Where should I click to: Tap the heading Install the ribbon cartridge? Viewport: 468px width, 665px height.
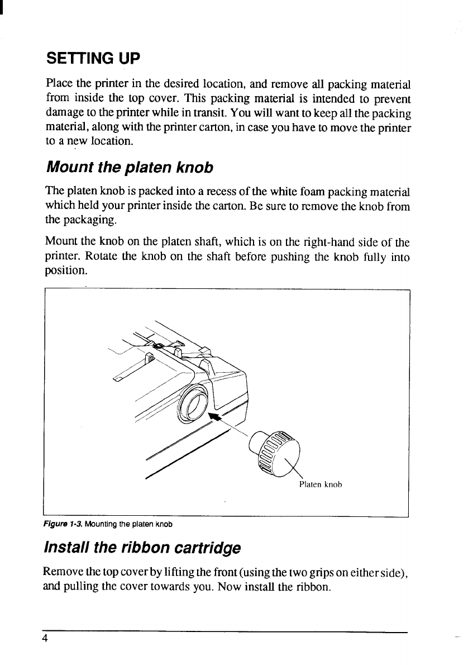point(142,547)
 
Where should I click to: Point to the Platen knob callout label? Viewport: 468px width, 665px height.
point(320,484)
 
